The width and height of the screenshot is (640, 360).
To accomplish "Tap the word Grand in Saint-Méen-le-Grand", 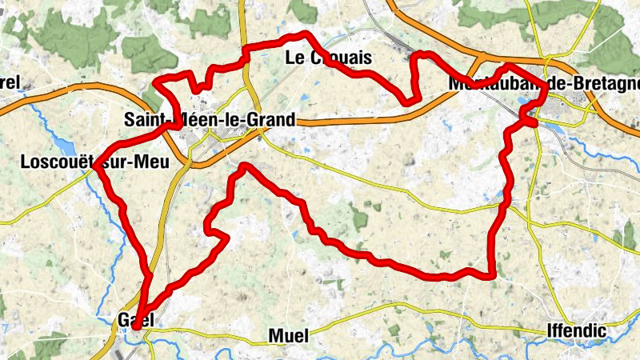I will click(x=271, y=120).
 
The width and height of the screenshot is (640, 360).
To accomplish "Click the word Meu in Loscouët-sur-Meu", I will click(x=153, y=162).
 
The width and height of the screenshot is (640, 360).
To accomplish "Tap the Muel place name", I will click(x=289, y=335).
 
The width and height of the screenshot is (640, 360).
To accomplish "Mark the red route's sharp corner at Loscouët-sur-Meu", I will click(x=95, y=166).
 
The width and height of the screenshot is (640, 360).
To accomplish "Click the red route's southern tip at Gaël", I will click(x=136, y=326).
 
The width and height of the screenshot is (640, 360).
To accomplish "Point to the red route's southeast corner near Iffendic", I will click(x=492, y=275).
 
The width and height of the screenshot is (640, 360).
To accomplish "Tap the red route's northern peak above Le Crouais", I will click(x=305, y=34).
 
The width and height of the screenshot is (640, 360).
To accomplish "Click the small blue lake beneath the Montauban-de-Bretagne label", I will click(x=524, y=102).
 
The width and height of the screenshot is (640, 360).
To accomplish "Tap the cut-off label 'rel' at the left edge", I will click(x=9, y=82).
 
